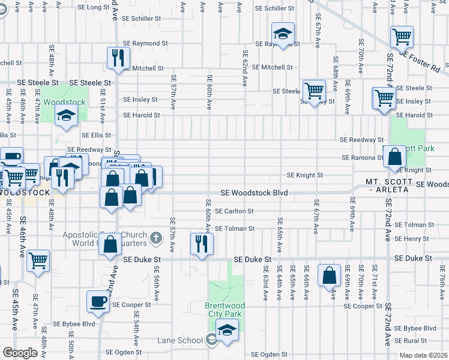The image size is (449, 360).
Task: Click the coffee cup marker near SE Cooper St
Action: [x=98, y=302]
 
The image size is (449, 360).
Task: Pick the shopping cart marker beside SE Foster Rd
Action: [x=402, y=37]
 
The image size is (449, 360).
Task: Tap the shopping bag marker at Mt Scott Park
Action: [x=395, y=157]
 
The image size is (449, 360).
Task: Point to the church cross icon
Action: [x=155, y=238]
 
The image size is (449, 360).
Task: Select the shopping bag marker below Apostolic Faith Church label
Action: [x=111, y=245]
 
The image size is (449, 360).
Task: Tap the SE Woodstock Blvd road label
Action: [x=254, y=193]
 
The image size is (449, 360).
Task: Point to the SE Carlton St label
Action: [x=234, y=211]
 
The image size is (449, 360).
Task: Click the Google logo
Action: [x=20, y=353]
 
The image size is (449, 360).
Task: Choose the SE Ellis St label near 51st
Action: [x=93, y=136]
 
